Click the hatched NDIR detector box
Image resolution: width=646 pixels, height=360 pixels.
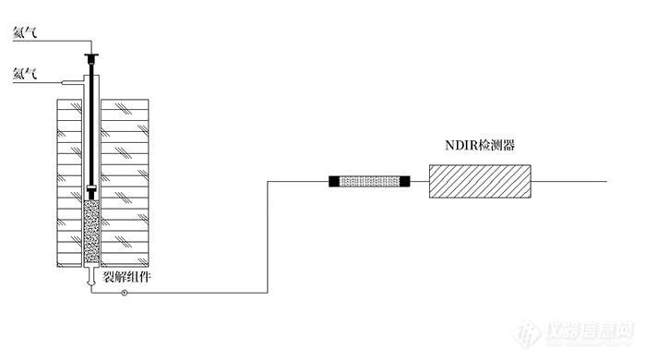(480, 181)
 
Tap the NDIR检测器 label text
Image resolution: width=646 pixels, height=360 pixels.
(479, 145)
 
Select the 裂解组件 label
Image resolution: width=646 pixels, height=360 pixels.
(126, 274)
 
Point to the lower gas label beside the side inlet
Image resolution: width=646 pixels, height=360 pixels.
(24, 73)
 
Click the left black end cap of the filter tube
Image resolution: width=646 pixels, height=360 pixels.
(335, 182)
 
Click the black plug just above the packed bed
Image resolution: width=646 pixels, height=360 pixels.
(91, 192)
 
